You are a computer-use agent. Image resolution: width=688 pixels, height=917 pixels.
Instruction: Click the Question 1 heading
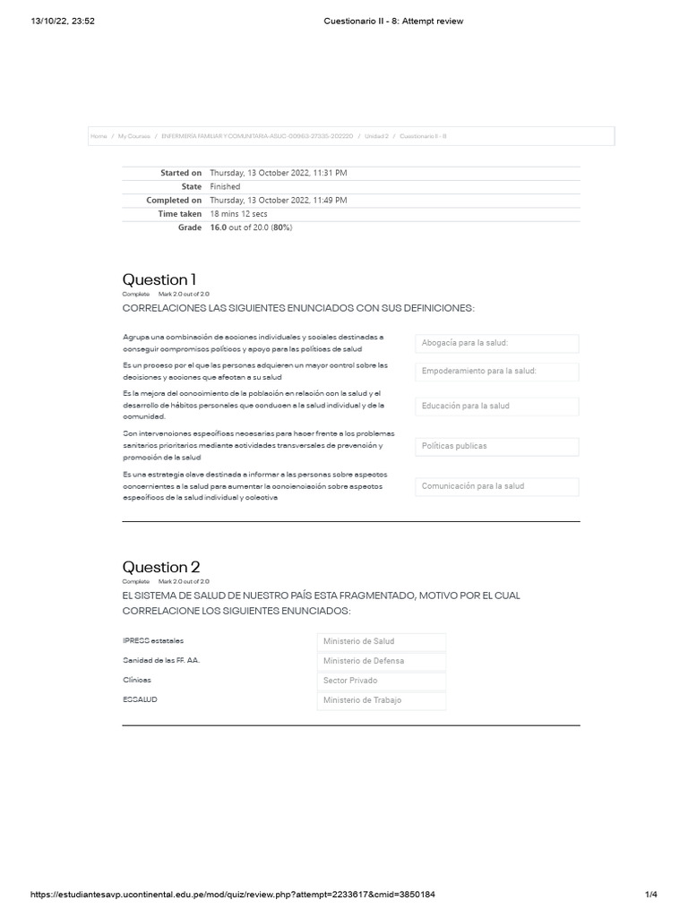(x=159, y=279)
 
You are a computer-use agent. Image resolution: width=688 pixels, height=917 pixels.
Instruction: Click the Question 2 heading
(x=161, y=567)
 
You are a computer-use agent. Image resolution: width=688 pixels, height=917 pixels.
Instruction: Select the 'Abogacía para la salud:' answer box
(x=497, y=343)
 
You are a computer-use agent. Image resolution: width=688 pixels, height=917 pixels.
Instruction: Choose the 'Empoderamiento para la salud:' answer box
(x=497, y=371)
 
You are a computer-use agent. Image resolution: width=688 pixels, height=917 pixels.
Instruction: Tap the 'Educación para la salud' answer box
(x=497, y=406)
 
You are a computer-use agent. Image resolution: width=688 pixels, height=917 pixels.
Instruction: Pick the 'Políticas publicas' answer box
(x=497, y=446)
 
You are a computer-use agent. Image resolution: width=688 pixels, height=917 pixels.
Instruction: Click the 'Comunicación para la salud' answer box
(x=497, y=486)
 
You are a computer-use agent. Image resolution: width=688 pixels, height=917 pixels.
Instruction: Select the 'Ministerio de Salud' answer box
(x=381, y=641)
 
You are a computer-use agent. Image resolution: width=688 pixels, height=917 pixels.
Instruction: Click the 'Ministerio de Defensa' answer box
(x=381, y=661)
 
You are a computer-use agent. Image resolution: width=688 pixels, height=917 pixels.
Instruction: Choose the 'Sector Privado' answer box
(x=381, y=681)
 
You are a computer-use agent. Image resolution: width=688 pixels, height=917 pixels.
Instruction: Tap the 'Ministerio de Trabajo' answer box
(x=381, y=700)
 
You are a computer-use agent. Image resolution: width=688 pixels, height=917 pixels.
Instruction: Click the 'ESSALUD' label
(x=140, y=699)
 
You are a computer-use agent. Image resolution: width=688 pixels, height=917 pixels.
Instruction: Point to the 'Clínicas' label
(x=137, y=680)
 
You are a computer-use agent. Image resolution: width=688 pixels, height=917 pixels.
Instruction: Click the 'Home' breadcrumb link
(x=99, y=136)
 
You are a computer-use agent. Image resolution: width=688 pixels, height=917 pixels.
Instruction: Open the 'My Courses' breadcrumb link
(x=133, y=136)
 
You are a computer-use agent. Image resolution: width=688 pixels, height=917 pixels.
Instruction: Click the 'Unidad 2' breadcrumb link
(x=375, y=136)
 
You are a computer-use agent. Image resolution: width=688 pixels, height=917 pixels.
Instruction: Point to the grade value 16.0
(x=218, y=228)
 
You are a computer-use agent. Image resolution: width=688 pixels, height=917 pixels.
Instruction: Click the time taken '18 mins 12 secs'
(x=238, y=214)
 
